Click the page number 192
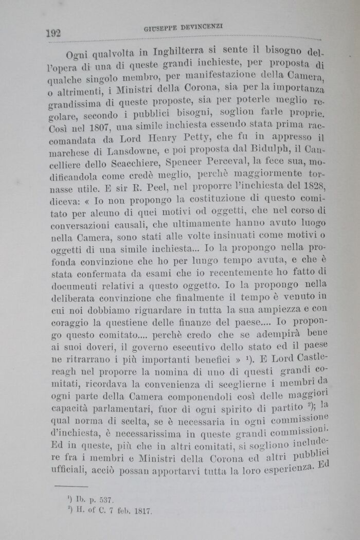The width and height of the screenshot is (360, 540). [53, 33]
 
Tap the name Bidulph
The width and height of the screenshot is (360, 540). [255, 152]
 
